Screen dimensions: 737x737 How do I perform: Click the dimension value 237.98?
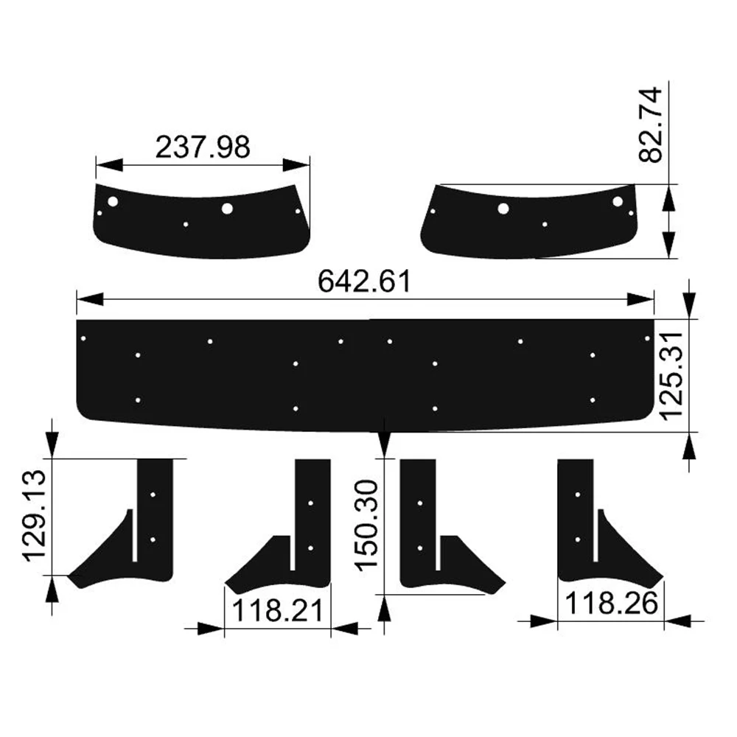click(203, 147)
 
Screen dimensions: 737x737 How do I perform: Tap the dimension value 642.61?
click(365, 282)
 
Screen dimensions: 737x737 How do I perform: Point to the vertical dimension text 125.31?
click(671, 374)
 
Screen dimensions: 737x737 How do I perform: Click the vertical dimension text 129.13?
click(35, 516)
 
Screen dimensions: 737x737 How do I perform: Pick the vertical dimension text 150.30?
click(368, 525)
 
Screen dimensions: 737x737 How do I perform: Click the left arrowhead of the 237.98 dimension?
click(109, 164)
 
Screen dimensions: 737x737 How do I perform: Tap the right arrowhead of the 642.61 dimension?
click(640, 299)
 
